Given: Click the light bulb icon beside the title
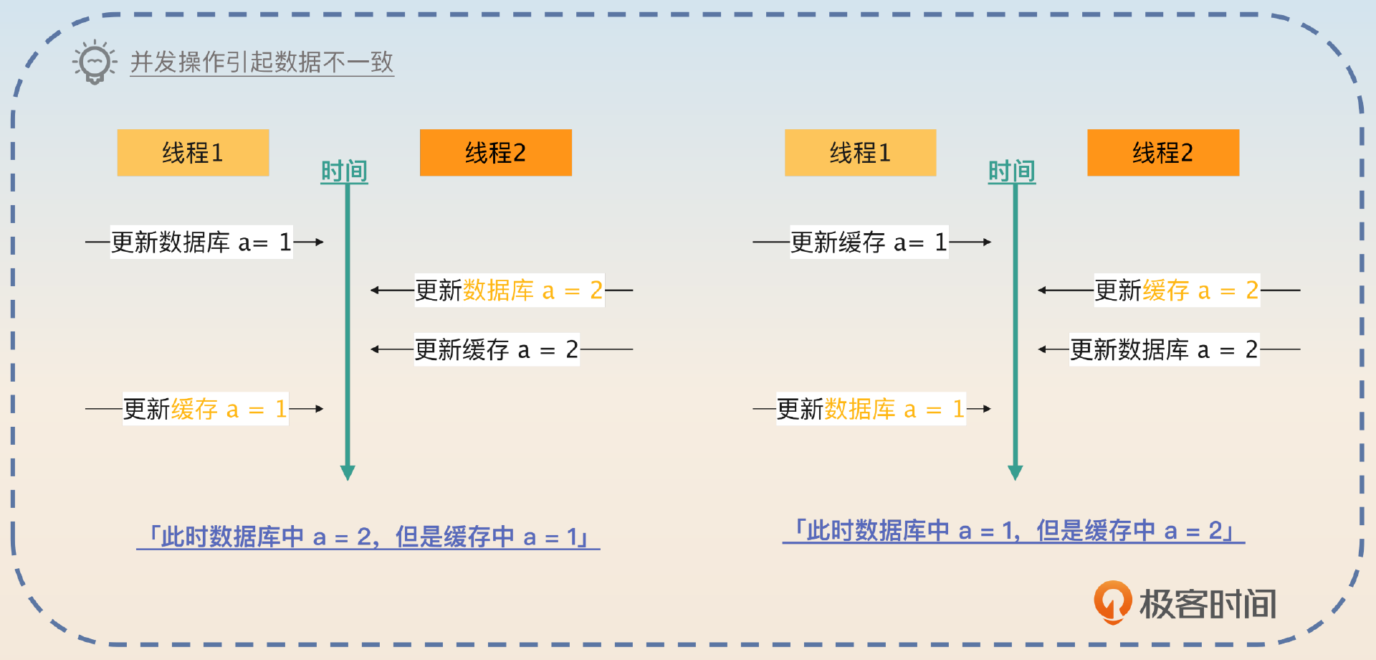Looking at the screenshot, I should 95,62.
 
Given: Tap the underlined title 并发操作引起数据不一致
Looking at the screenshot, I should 262,62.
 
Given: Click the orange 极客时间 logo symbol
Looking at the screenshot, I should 1112,602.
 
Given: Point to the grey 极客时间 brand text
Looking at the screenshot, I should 1208,604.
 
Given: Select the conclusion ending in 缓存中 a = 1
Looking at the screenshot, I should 368,537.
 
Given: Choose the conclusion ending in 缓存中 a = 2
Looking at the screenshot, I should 1013,531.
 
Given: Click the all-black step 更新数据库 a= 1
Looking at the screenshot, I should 201,242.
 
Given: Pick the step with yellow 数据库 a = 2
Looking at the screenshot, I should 509,291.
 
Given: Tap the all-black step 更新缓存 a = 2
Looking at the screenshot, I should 497,349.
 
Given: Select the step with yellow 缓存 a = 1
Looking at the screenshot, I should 205,409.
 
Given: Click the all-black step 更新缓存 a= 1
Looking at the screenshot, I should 869,242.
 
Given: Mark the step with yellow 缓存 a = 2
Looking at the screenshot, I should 1177,291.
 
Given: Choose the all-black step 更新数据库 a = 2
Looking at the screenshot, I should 1164,349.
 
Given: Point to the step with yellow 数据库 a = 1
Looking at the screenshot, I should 871,409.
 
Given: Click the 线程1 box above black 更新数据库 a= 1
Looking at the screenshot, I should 193,153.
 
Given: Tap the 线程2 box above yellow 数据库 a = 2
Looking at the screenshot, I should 496,153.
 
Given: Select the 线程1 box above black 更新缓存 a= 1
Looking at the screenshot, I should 860,153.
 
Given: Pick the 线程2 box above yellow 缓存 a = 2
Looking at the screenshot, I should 1163,153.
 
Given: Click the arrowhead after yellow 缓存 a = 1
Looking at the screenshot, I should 319,409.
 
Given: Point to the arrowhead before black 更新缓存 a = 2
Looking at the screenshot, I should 375,349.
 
